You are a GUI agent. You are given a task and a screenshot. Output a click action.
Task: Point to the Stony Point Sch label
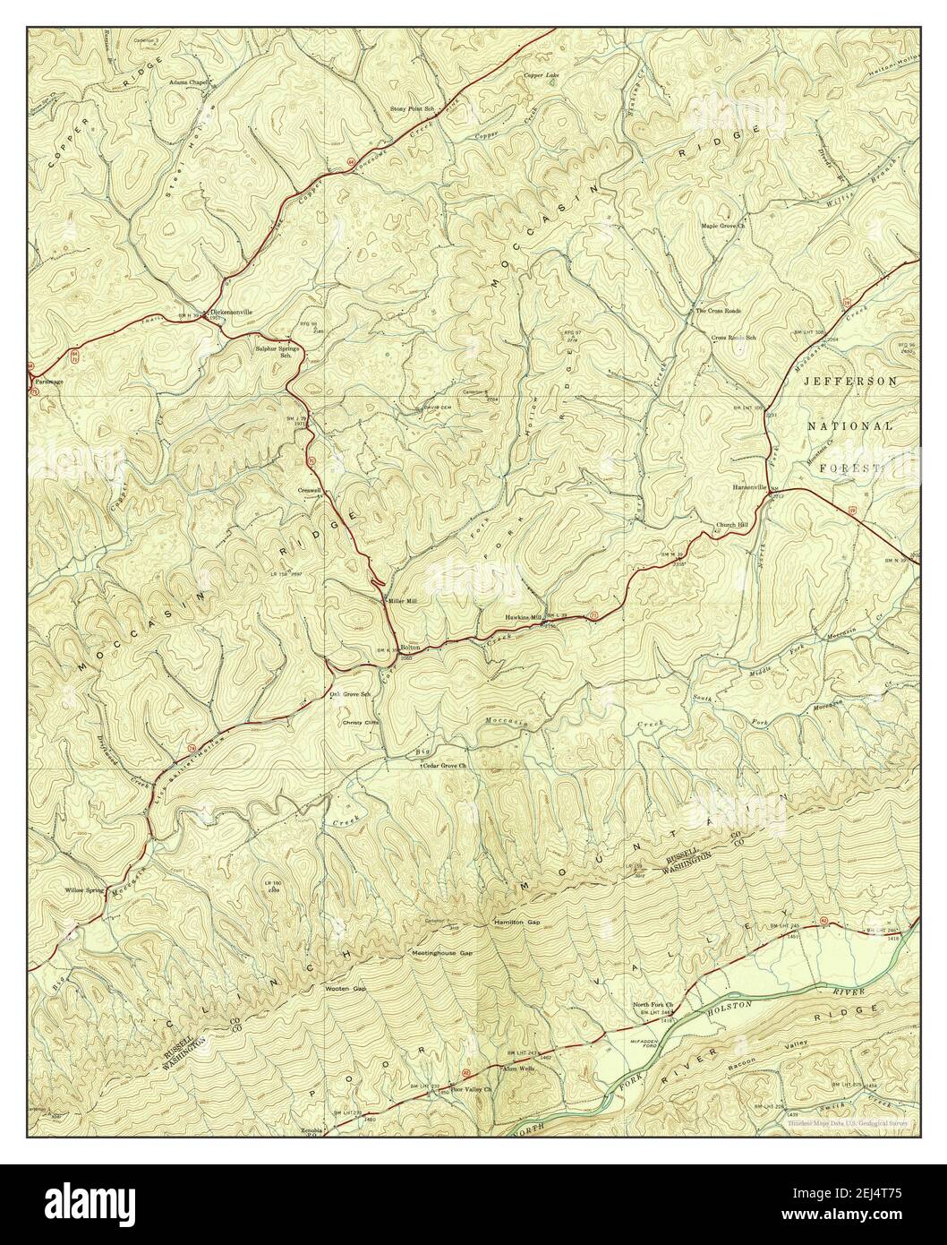click(411, 108)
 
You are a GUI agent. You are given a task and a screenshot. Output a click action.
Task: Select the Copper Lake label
click(541, 76)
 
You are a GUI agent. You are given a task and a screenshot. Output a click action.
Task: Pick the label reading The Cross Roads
click(718, 310)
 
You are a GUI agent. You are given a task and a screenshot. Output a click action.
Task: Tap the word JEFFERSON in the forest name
click(849, 381)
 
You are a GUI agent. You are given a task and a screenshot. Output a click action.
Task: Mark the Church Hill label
click(730, 525)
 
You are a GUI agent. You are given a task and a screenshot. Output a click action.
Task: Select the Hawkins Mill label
click(524, 617)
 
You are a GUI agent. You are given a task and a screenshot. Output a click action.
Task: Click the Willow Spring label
click(85, 890)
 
